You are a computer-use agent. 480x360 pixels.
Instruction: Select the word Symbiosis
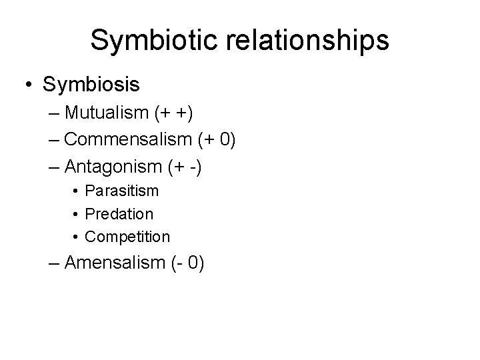coord(91,85)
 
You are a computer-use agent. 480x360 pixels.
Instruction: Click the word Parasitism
coord(122,191)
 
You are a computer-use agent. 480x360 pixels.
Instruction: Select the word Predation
coord(119,214)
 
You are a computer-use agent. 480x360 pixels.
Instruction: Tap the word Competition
coord(128,237)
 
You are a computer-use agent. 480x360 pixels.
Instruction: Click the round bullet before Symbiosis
coord(29,85)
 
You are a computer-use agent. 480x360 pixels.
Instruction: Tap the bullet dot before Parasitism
coord(77,191)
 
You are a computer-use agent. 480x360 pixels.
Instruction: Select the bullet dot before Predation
coord(77,215)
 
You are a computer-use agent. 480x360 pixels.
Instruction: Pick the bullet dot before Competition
coord(77,237)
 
